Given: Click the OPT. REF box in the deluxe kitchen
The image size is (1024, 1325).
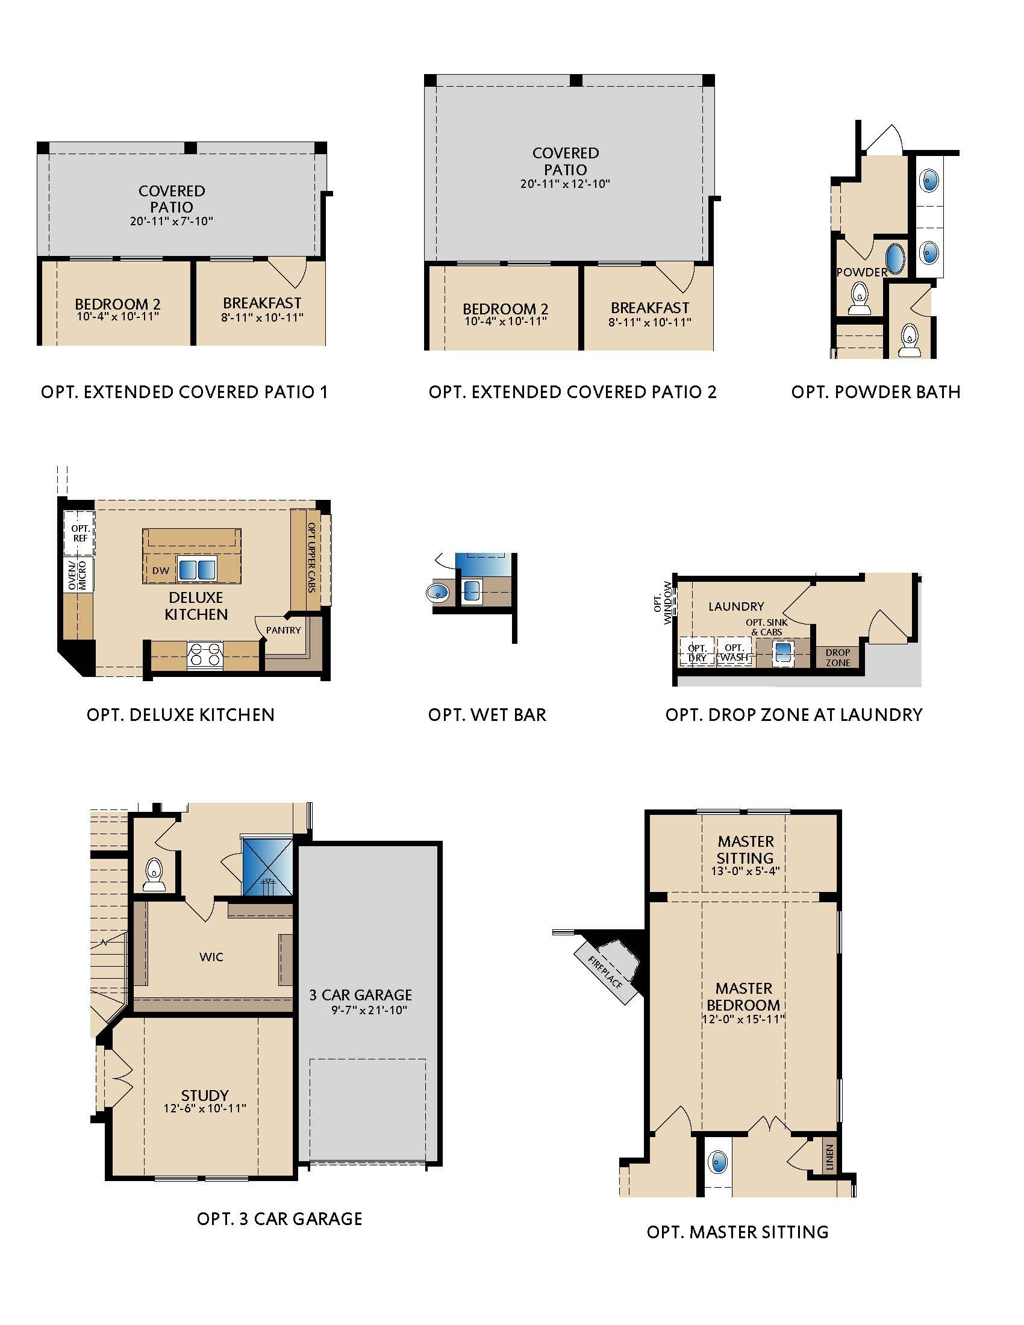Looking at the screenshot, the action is point(80,533).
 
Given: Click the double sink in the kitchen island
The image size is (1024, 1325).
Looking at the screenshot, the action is point(196,570).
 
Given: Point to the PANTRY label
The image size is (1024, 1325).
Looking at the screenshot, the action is point(283,631).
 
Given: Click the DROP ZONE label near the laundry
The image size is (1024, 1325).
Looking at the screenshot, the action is point(838,658).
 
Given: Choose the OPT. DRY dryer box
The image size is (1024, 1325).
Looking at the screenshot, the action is point(697,653).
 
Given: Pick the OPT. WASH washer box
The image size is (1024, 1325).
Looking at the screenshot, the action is point(734,653).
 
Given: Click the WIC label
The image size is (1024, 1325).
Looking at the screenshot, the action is point(211,957).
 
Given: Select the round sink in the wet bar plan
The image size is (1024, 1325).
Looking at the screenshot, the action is point(436,591).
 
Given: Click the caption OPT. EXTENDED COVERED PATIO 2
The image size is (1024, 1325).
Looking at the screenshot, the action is point(573,392).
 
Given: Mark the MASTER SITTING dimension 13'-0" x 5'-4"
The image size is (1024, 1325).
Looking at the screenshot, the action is point(745,871).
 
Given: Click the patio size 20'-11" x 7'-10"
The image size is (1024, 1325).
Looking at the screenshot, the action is point(172,221).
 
